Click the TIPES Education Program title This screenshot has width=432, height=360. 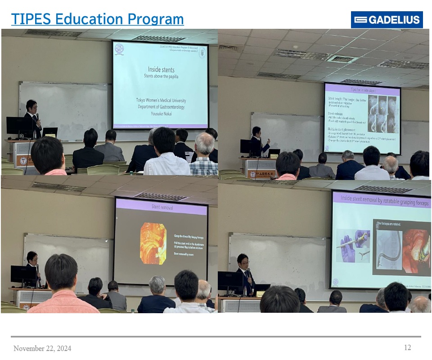click(x=97, y=19)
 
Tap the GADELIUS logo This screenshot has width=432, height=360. click(x=387, y=20)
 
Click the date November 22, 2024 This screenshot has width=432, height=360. click(x=42, y=348)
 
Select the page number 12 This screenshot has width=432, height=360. click(x=407, y=347)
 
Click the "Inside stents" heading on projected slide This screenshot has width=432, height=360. click(x=161, y=70)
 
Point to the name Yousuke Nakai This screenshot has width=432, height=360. click(x=161, y=113)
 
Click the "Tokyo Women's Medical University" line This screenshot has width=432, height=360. click(x=161, y=100)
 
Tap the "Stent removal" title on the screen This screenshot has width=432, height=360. click(x=161, y=208)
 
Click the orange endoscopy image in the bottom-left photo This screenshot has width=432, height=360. click(x=153, y=243)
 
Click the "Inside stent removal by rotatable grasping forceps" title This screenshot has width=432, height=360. click(x=381, y=198)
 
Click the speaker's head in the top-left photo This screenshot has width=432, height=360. click(x=31, y=106)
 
